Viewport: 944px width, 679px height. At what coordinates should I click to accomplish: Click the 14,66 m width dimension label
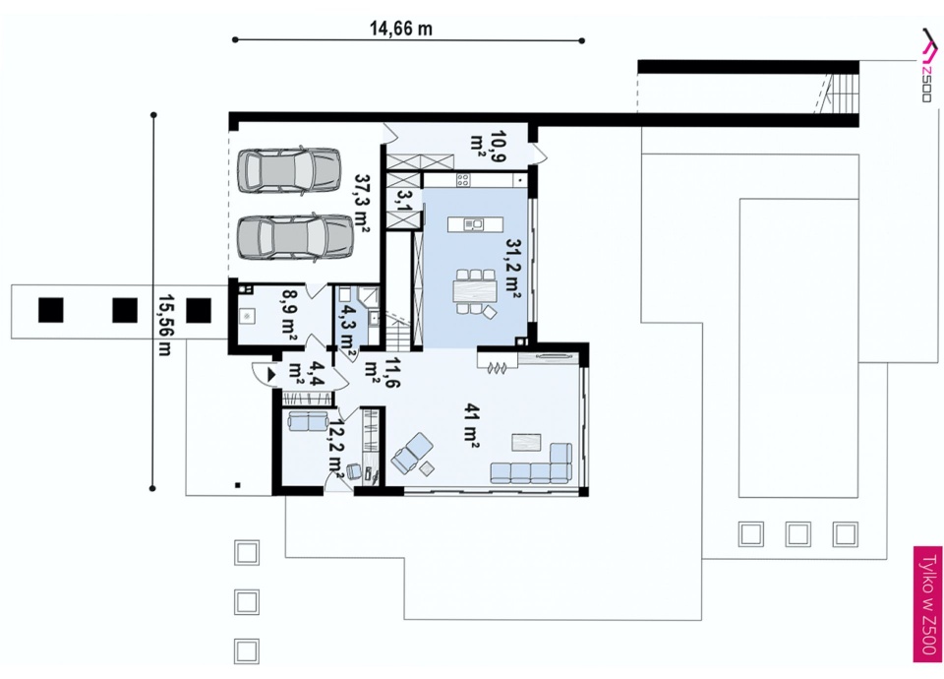point(400,29)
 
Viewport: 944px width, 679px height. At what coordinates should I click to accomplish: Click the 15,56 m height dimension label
point(164,326)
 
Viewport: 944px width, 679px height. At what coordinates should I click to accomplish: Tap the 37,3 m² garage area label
point(362,204)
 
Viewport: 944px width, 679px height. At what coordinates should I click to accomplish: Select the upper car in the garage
point(289,170)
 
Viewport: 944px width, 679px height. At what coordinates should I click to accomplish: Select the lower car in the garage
point(295,237)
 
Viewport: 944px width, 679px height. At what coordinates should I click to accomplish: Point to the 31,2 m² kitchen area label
point(513,269)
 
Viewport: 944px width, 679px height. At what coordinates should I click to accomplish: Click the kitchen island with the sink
point(475,224)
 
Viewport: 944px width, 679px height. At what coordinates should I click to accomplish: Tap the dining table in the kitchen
point(475,291)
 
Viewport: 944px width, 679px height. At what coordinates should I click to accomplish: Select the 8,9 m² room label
point(289,316)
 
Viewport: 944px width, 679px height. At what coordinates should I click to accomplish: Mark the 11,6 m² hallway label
point(383,372)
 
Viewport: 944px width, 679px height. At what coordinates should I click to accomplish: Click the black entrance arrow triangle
point(271,375)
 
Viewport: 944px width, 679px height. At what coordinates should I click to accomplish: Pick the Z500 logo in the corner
point(927,65)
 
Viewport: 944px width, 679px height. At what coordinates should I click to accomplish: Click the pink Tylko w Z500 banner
point(927,604)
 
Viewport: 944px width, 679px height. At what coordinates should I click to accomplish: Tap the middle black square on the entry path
point(125,310)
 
